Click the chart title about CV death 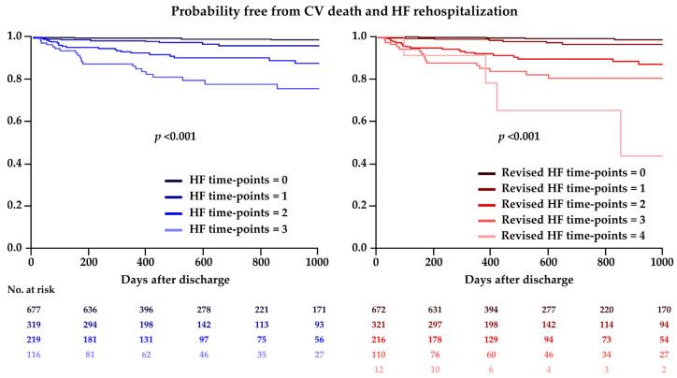tap(338, 10)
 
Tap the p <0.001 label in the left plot tap(176, 138)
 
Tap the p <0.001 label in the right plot tap(519, 138)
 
